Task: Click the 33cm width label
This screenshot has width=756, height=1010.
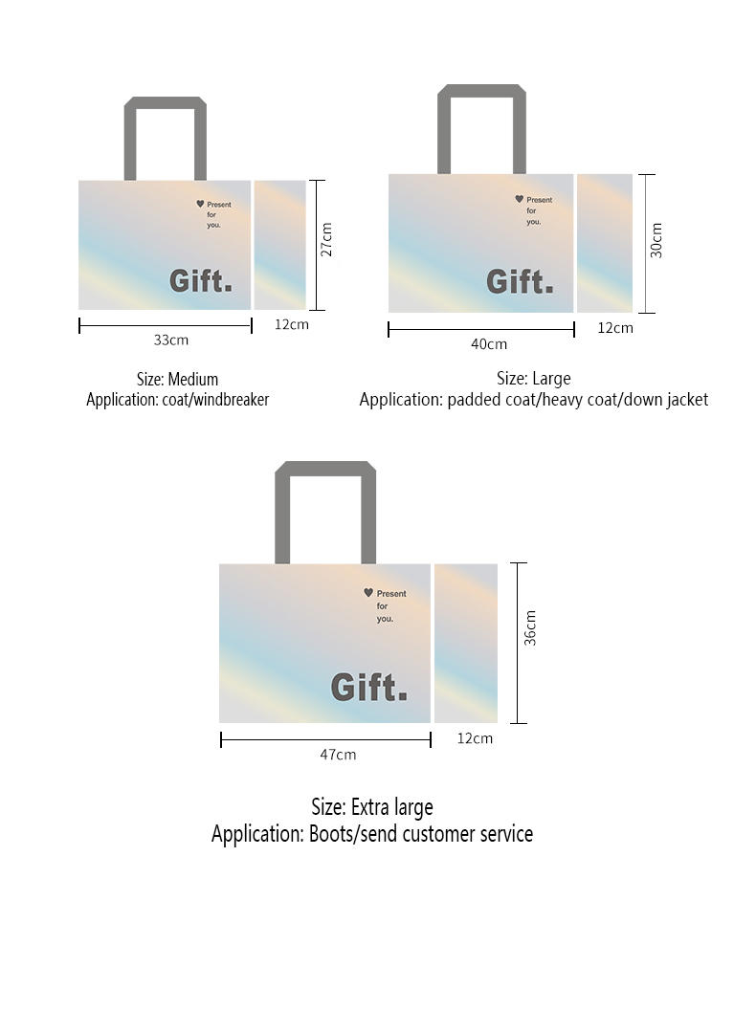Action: [171, 340]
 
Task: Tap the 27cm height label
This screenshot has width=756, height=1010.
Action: [326, 240]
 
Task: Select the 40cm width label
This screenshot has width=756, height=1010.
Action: [489, 344]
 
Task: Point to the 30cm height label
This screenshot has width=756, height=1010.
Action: [656, 240]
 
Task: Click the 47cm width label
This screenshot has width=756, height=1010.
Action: [338, 755]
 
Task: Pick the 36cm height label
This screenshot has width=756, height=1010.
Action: [530, 627]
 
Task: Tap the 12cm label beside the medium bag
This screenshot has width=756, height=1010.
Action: [291, 324]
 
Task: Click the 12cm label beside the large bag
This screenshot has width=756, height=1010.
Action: [615, 328]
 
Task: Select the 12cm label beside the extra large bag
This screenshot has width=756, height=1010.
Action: [475, 738]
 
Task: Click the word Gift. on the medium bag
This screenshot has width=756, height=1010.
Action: [201, 281]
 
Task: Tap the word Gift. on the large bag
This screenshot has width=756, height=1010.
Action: [520, 282]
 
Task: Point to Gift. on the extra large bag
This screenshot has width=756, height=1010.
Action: [369, 687]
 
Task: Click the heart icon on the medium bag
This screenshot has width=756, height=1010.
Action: [200, 204]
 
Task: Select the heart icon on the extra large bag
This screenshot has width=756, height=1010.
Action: [368, 593]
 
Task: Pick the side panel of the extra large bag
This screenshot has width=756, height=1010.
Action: [466, 643]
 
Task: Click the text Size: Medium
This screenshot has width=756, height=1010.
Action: [177, 379]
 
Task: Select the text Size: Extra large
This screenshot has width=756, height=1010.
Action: [371, 807]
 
